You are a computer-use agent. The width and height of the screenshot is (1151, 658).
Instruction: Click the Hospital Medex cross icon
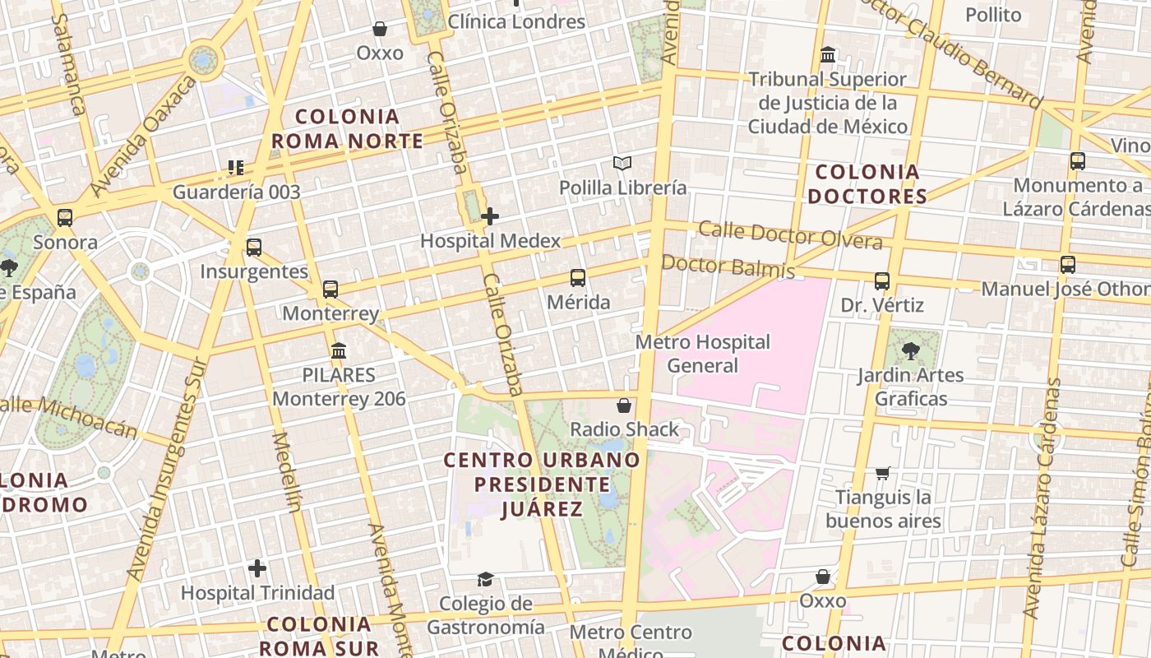(x=490, y=216)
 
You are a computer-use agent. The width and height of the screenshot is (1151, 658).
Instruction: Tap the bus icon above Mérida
(x=578, y=278)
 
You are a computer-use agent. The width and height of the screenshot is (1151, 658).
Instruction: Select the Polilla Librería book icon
(x=622, y=164)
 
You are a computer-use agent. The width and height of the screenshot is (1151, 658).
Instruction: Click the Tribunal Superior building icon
(x=828, y=55)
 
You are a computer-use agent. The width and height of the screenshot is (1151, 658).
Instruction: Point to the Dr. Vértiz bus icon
(x=882, y=281)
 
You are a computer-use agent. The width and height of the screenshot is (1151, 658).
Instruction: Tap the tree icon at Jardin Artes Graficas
(x=910, y=351)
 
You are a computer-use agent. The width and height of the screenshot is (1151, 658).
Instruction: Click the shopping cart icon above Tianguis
(x=883, y=473)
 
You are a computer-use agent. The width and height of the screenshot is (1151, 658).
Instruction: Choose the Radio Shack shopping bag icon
(x=624, y=405)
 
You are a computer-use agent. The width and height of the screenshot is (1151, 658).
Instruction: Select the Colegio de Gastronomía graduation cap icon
(x=485, y=580)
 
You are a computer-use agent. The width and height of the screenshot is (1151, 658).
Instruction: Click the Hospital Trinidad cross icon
(x=257, y=568)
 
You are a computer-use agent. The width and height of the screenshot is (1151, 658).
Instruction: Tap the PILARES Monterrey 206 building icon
(x=339, y=351)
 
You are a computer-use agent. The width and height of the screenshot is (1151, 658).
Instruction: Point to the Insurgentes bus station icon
(x=254, y=248)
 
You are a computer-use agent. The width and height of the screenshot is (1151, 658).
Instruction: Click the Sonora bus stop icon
(x=65, y=218)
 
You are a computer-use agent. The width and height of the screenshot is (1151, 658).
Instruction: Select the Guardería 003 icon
(x=236, y=168)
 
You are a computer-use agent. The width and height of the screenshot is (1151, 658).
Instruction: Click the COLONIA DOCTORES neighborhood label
(x=867, y=184)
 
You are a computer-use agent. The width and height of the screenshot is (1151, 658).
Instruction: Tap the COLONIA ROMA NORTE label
(x=347, y=129)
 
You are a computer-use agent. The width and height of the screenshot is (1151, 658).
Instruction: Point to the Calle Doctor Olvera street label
(x=790, y=235)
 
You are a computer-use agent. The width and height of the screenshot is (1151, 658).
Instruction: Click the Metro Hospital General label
(x=703, y=353)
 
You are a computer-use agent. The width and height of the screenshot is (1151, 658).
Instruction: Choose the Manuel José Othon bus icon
(x=1068, y=265)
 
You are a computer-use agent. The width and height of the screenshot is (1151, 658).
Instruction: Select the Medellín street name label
(x=286, y=472)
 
